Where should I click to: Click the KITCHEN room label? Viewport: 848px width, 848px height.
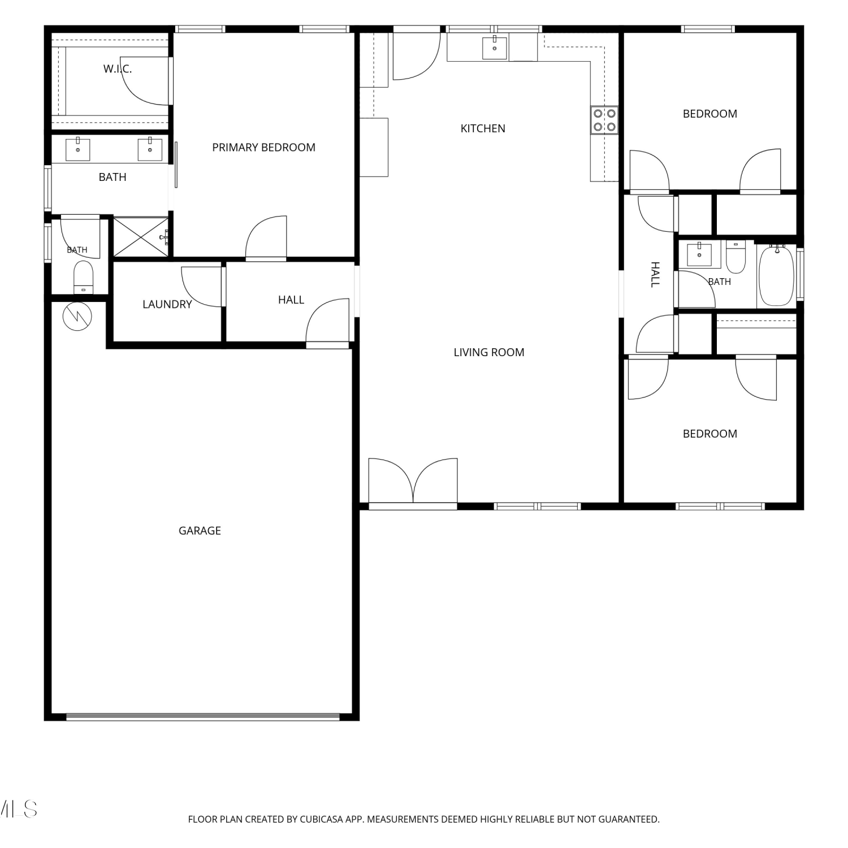[483, 128]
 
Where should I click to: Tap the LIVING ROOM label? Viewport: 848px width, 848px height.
[489, 352]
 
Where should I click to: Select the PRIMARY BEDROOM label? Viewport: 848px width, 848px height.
[263, 148]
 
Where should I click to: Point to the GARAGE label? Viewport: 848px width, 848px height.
[200, 531]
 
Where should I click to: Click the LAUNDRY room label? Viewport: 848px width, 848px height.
[167, 304]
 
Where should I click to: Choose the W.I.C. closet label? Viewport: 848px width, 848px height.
[118, 69]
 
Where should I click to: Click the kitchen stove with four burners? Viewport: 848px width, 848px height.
[604, 120]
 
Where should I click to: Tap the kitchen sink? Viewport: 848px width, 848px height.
[495, 47]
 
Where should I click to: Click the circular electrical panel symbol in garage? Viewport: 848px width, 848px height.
[77, 317]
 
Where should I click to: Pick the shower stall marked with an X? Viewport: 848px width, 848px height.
[141, 237]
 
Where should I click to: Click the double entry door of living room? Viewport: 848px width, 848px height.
[413, 481]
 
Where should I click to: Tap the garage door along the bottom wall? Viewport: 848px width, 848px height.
[203, 717]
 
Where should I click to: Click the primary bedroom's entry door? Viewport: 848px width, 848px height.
[266, 237]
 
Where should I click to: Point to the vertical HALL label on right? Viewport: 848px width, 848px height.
[655, 275]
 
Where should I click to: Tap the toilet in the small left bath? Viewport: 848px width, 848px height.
[83, 277]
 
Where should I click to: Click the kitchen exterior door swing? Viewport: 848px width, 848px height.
[417, 55]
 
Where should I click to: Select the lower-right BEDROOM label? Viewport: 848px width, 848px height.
[710, 434]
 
